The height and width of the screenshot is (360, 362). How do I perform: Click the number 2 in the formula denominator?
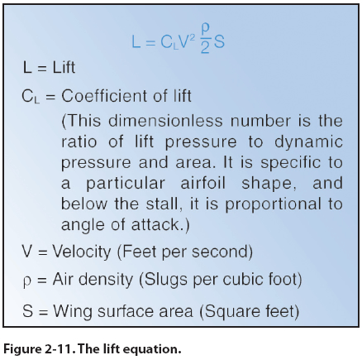tap(205, 47)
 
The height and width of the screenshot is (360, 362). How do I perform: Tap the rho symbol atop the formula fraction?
tap(206, 29)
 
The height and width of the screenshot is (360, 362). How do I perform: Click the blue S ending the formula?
tap(219, 42)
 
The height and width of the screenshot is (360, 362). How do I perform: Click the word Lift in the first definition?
tap(64, 67)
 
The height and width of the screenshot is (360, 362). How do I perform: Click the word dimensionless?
tap(165, 121)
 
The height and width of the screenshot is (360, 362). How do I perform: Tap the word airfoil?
tap(203, 183)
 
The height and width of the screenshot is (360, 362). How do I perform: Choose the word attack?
tap(155, 224)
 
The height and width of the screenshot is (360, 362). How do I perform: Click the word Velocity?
tap(82, 252)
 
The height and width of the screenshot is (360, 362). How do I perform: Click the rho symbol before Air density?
tap(26, 281)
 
